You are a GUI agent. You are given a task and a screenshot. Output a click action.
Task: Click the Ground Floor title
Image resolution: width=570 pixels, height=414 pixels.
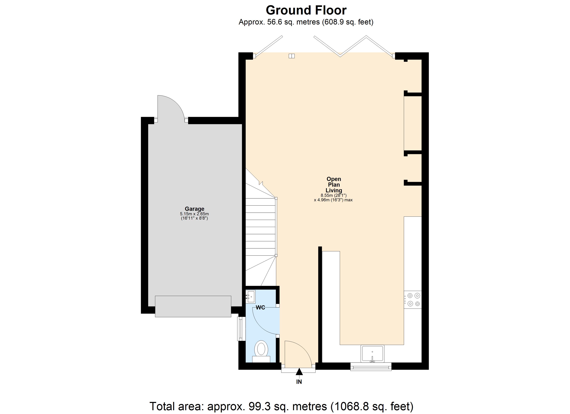[306, 11]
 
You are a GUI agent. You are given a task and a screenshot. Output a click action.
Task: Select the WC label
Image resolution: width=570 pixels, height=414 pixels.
[260, 308]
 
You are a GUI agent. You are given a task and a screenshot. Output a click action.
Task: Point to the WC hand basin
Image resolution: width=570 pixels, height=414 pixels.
[251, 297]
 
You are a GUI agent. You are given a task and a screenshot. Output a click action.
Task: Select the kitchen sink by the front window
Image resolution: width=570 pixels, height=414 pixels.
[372, 353]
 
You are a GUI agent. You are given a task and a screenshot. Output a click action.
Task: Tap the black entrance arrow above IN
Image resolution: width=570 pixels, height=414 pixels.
[299, 372]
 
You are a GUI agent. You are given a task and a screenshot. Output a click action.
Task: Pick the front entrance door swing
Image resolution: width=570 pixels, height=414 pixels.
[297, 353]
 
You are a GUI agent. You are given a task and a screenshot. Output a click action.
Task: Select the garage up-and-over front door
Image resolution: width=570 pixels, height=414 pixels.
[193, 306]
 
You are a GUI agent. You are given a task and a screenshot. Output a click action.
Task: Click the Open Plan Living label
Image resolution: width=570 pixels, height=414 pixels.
[334, 185]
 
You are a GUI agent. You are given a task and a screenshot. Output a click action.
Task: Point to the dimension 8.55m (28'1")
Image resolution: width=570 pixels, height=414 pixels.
[334, 195]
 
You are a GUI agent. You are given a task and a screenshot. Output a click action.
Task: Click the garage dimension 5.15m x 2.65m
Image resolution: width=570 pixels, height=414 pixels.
[194, 214]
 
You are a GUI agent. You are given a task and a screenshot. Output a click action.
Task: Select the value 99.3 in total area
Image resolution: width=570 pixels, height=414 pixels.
[255, 406]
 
